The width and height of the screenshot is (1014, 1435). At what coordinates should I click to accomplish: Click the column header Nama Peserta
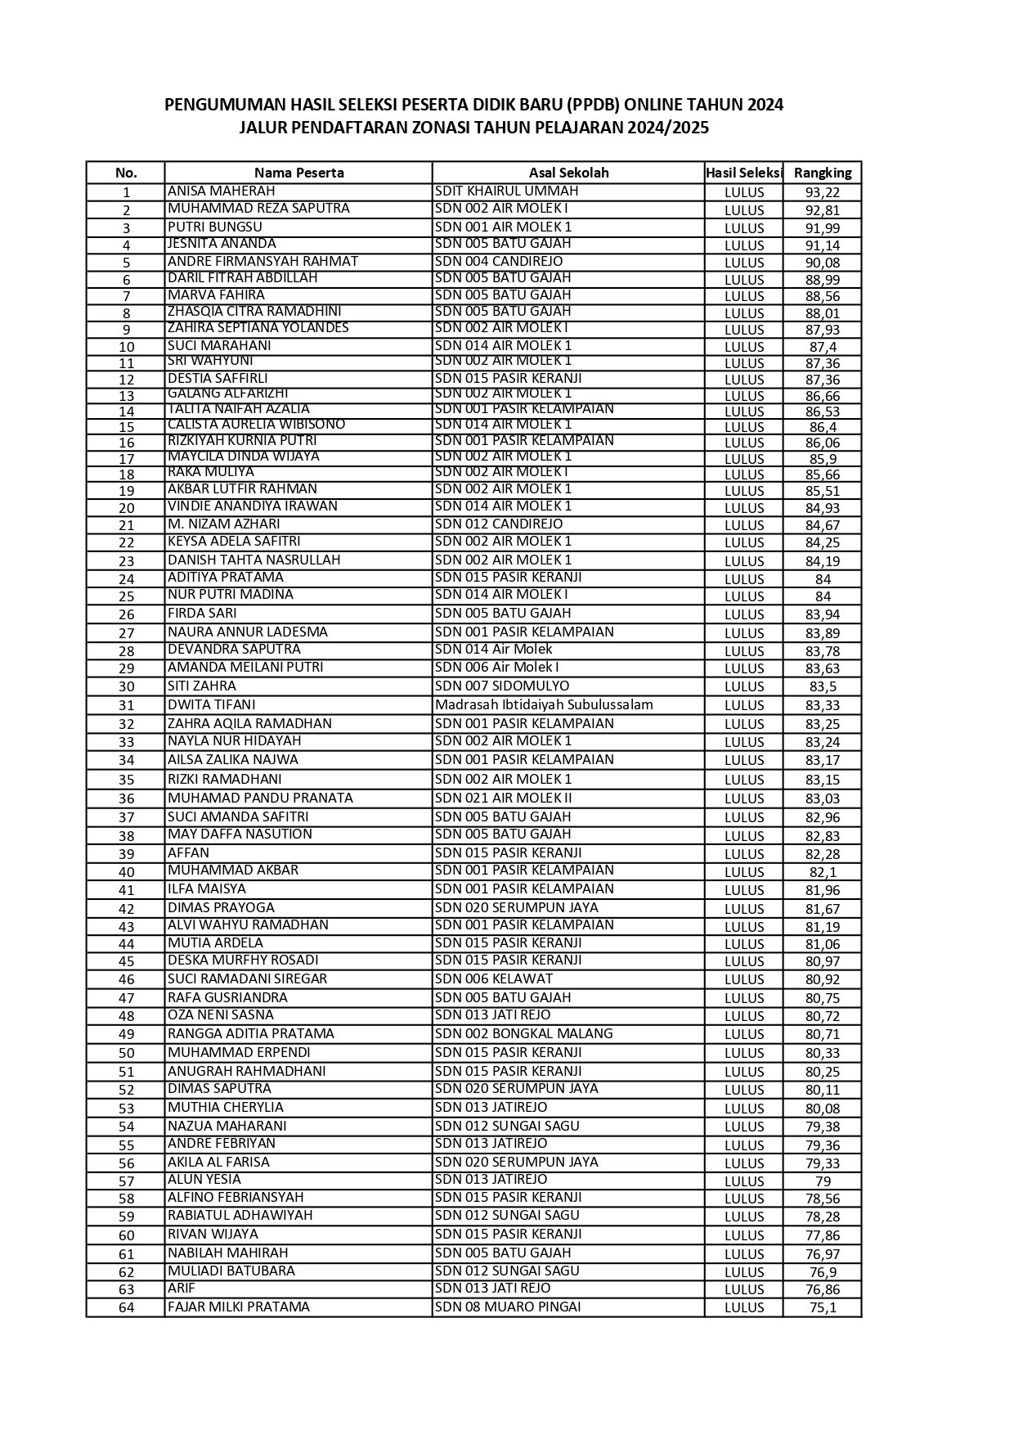click(298, 173)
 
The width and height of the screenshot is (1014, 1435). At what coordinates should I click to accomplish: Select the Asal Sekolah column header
click(568, 173)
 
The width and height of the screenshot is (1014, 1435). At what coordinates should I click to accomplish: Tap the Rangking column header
click(822, 173)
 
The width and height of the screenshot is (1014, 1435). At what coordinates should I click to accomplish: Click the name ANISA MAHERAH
click(210, 191)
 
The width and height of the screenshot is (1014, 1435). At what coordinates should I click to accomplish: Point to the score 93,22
click(822, 193)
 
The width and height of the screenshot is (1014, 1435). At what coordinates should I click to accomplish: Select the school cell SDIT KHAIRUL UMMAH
click(506, 191)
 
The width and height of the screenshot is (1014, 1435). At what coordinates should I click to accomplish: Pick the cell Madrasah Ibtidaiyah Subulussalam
click(544, 704)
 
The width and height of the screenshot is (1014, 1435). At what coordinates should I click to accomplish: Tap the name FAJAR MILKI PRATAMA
click(239, 1307)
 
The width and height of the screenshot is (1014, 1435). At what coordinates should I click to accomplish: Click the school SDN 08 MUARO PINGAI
click(508, 1307)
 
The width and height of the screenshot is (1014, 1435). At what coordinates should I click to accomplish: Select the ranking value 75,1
click(823, 1307)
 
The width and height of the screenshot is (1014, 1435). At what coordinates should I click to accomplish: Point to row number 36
click(126, 799)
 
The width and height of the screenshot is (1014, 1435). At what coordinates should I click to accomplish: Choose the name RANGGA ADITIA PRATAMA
click(251, 1033)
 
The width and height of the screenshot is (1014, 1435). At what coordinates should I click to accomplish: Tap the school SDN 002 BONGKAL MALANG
click(523, 1033)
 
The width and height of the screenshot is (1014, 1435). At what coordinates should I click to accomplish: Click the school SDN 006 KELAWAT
click(494, 978)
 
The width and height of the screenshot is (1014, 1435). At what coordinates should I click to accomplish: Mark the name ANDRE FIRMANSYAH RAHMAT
click(262, 261)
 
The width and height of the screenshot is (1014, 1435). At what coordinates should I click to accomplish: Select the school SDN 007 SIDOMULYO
click(502, 686)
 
